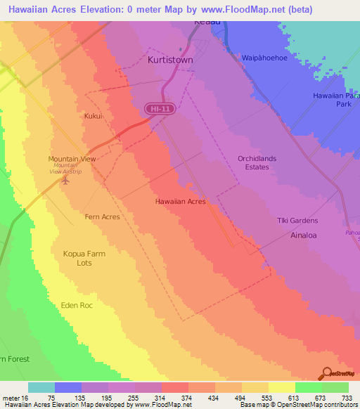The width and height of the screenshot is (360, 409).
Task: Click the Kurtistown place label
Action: coord(170,60)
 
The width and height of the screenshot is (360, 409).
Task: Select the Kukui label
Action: coord(94,115)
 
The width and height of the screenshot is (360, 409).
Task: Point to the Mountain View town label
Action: coord(72,160)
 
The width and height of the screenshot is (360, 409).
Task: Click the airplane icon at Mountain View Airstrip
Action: coord(66,181)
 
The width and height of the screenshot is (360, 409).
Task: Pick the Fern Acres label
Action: coord(102,217)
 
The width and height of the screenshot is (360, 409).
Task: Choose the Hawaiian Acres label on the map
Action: coord(180,202)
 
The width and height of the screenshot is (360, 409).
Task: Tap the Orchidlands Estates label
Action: coord(253,163)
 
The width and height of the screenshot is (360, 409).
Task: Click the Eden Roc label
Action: coord(77,306)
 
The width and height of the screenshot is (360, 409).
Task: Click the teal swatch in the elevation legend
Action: coord(41,387)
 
